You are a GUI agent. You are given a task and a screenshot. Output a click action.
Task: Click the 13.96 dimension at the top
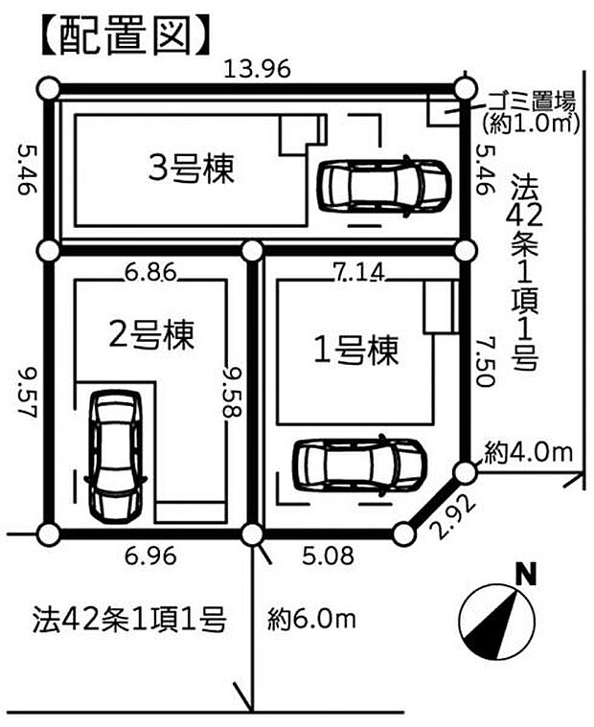pos(256,69)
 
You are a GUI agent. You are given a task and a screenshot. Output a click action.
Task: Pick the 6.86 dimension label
pos(149,272)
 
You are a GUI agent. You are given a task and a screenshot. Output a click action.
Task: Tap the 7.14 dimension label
pos(360,272)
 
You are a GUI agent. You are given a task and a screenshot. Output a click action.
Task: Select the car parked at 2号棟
pos(114,455)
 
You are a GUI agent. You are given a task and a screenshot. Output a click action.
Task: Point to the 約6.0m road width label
pos(311,620)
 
